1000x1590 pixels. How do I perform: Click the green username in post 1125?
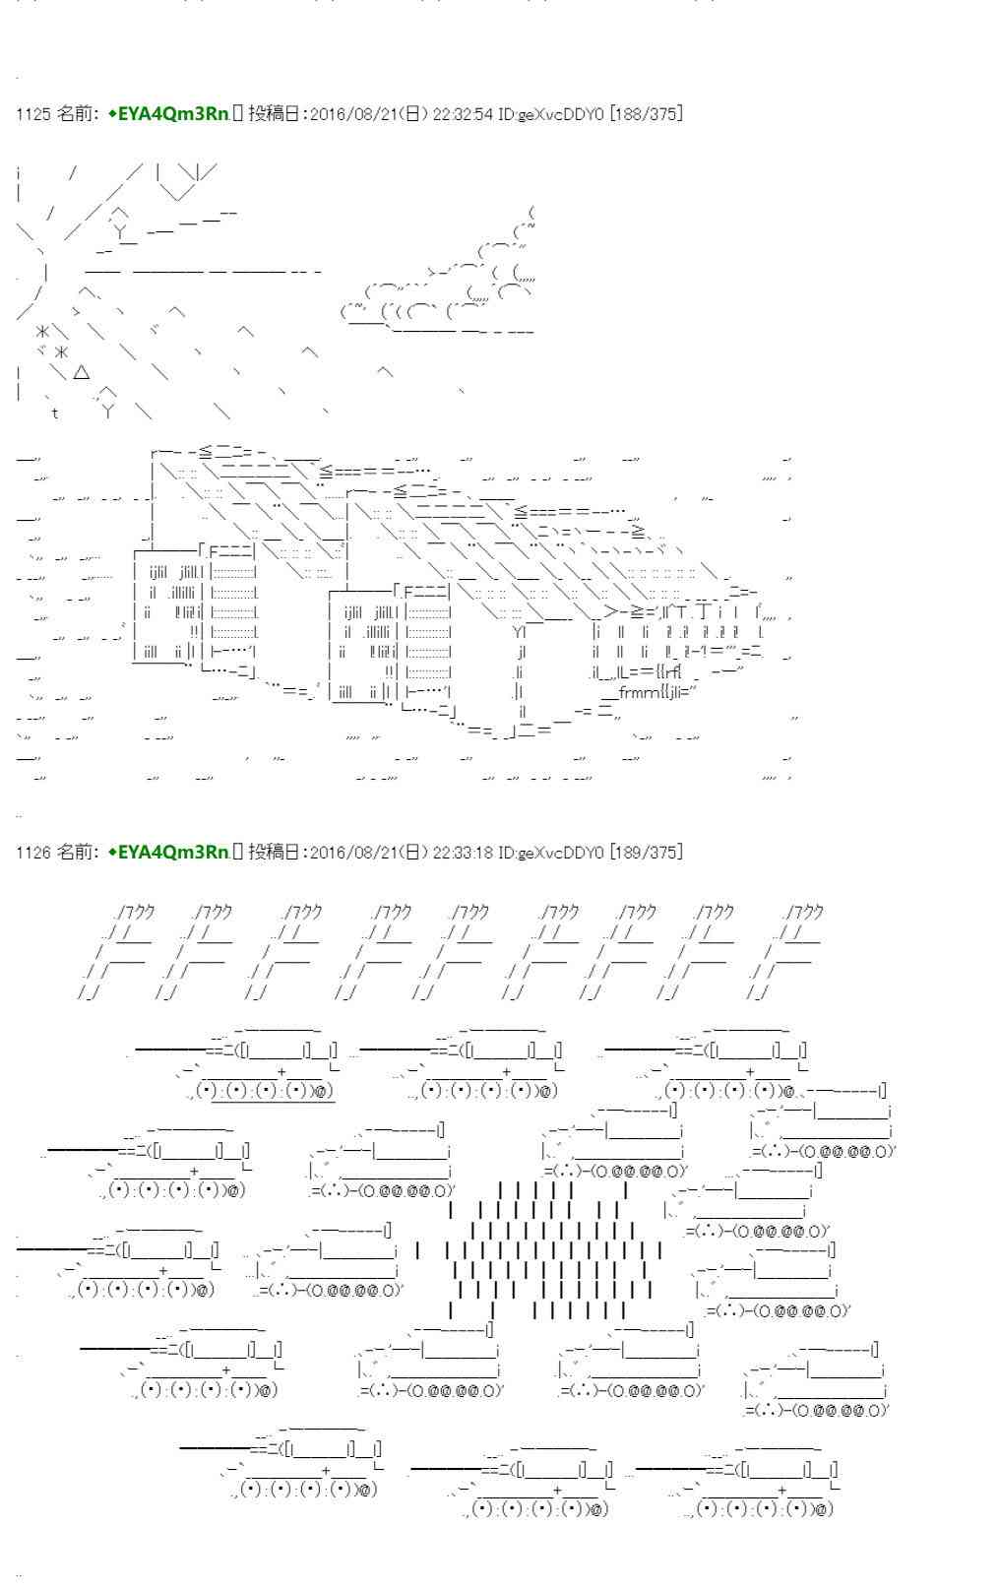tap(168, 114)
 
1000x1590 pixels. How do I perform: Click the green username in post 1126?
tap(168, 852)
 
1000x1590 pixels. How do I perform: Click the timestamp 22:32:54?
tap(463, 114)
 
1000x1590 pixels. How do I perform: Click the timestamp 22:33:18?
tap(463, 852)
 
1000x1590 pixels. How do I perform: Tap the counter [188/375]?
tap(646, 114)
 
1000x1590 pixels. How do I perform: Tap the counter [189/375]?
tap(646, 852)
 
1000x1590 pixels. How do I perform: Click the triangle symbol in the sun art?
tap(82, 372)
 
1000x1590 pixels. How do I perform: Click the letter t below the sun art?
tap(55, 413)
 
